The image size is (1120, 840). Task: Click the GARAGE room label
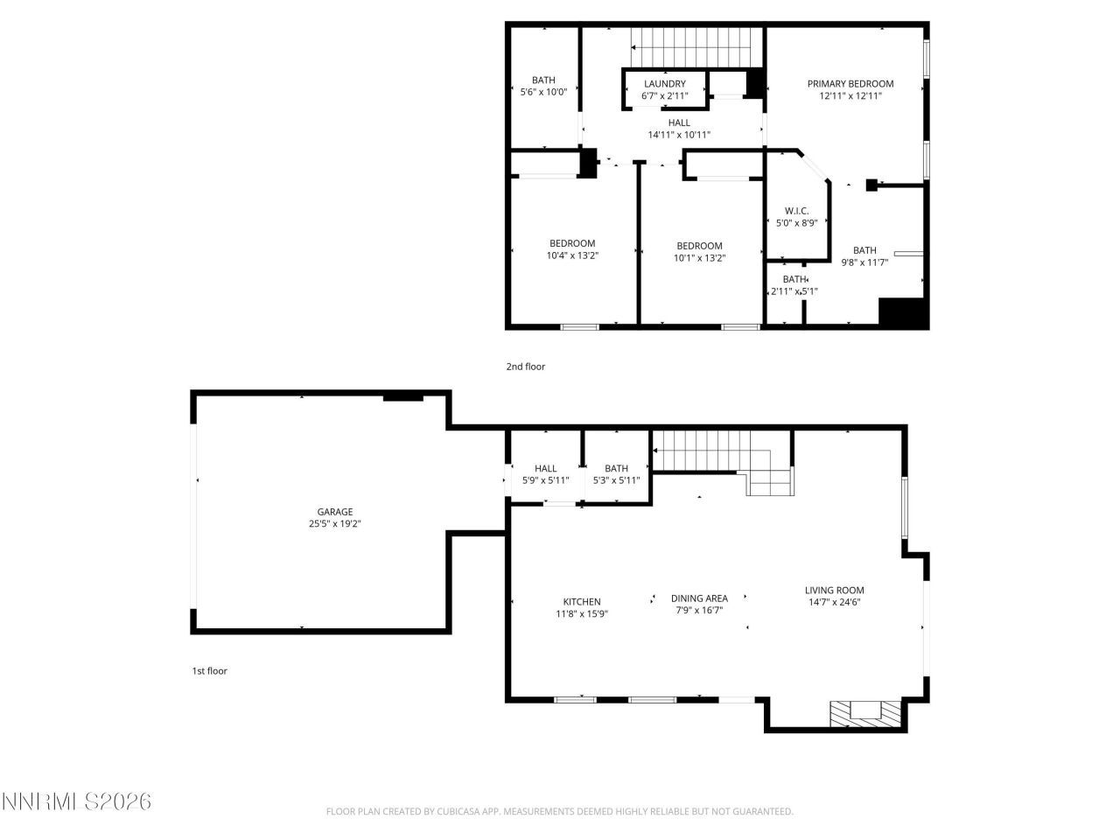pos(334,512)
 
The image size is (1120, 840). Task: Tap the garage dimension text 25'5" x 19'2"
pos(334,524)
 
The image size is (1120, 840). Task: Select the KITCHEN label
pos(581,601)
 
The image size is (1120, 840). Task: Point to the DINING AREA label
pos(699,598)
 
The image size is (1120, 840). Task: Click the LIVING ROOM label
pos(834,590)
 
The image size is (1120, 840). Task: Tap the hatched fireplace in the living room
pos(864,713)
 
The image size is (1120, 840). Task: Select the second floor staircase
pos(691,40)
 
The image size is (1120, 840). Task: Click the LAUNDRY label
pos(664,84)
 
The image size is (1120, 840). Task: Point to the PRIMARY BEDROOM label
pos(850,84)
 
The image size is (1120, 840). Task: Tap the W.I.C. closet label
pos(796,211)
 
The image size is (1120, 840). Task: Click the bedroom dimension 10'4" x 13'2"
pos(572,255)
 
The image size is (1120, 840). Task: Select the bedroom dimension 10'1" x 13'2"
pos(699,258)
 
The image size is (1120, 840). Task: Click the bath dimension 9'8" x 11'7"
pos(864,262)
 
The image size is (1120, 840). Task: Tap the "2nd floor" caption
pos(525,367)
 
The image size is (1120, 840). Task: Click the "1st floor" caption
pos(209,671)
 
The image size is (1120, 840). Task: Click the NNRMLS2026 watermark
pos(76,801)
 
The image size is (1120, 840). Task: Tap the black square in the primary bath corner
pos(902,313)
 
